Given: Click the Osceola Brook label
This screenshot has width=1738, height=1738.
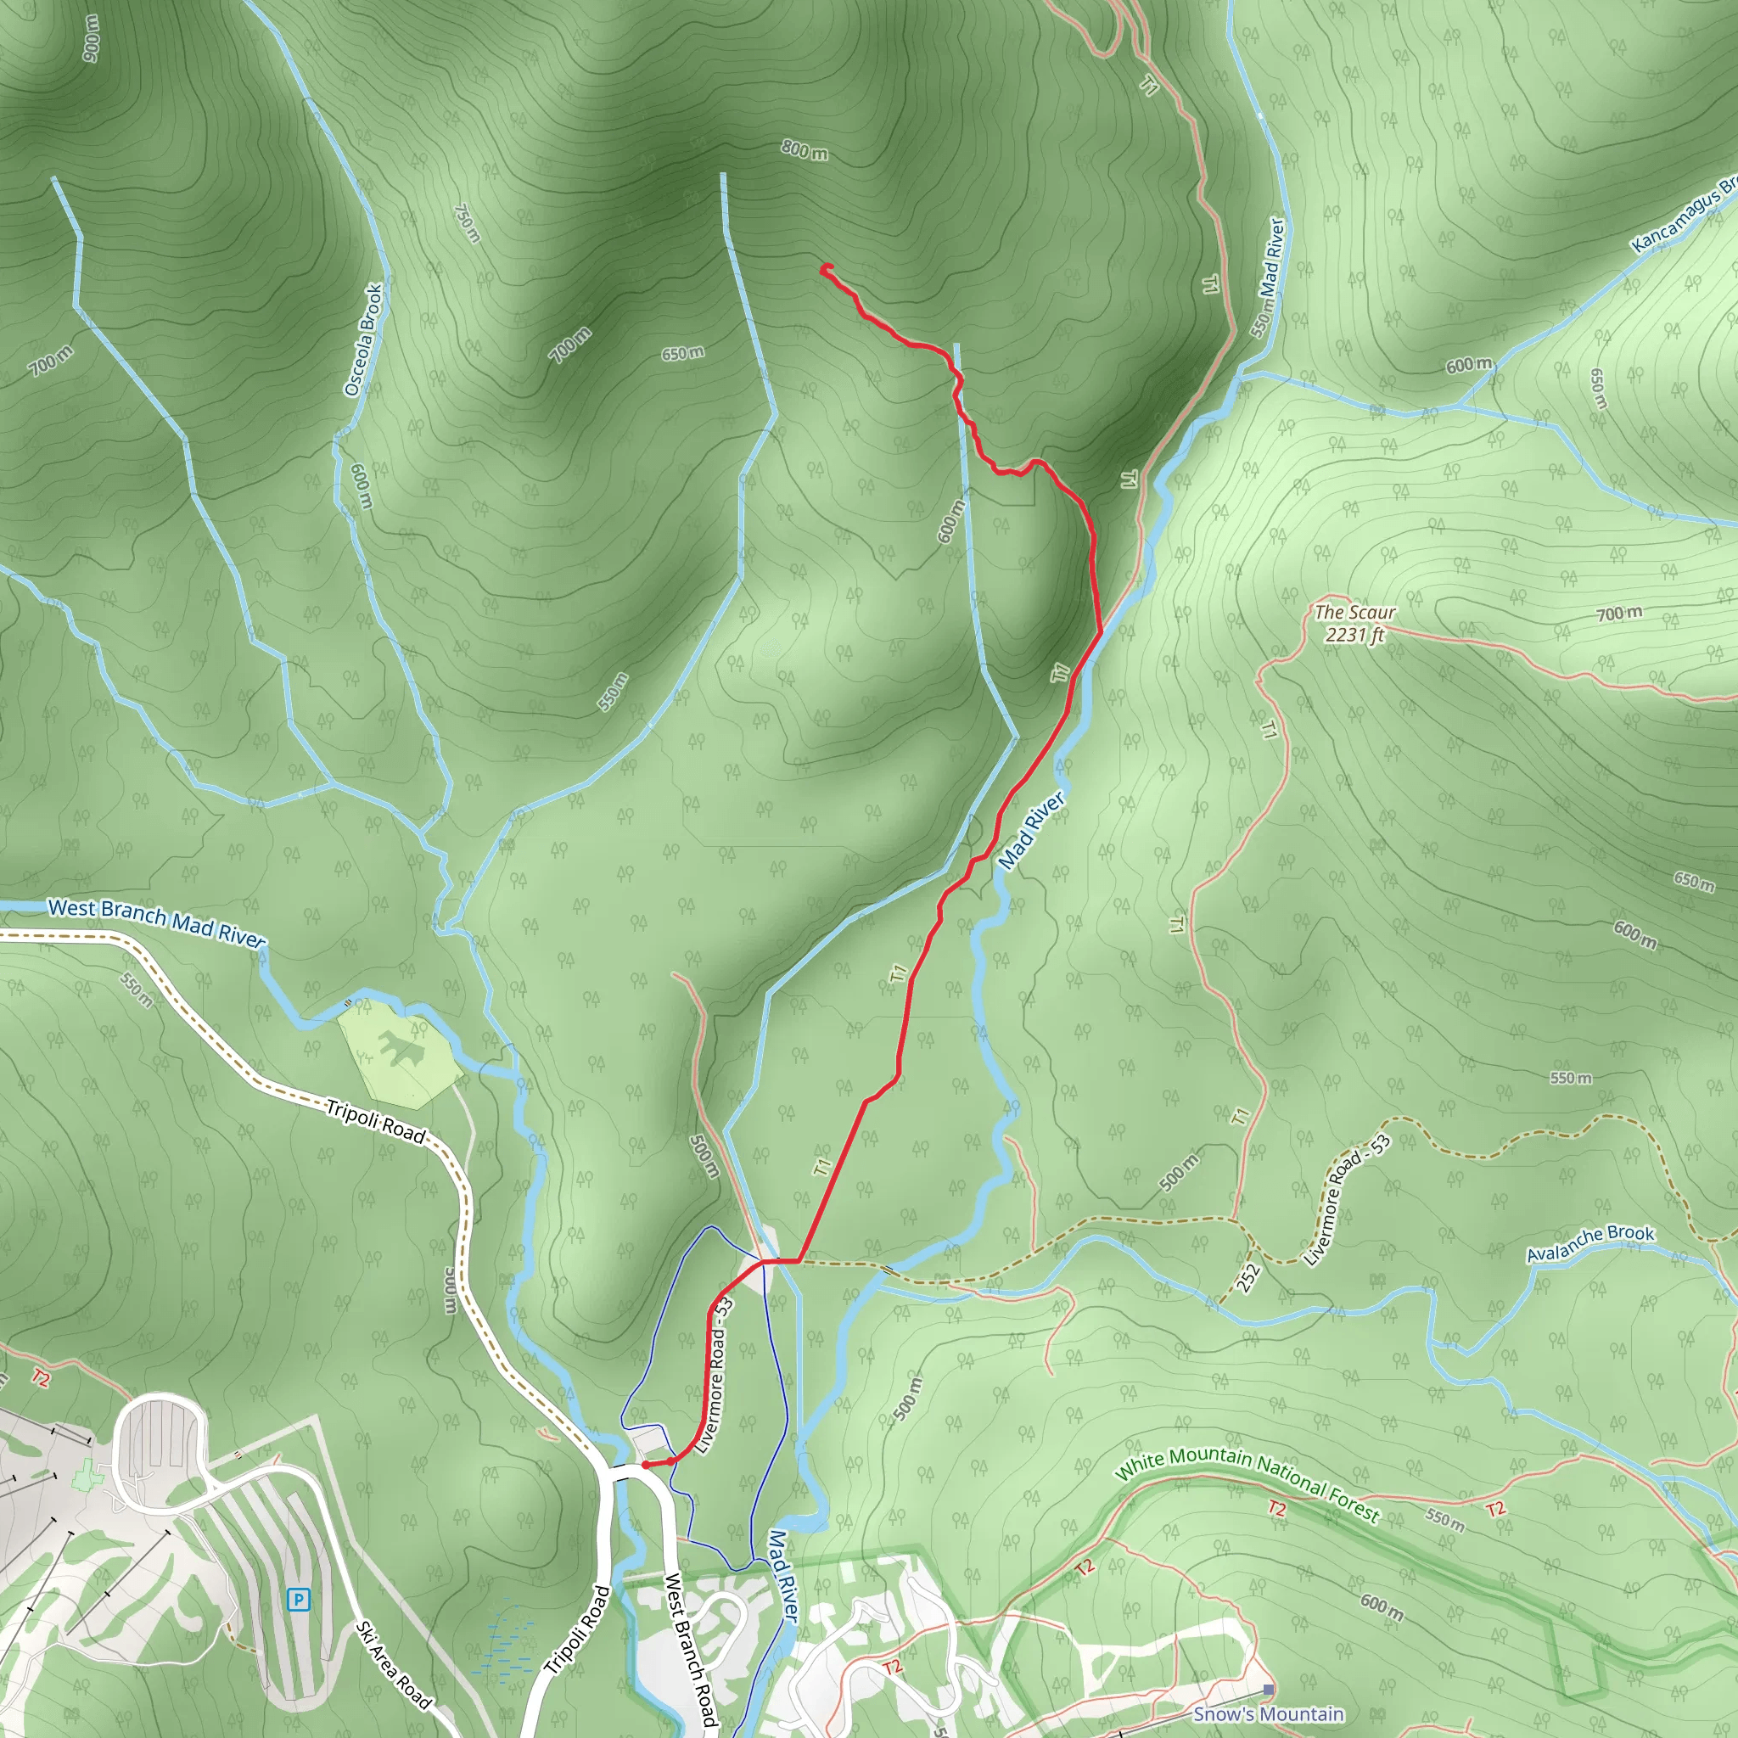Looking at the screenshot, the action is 363,340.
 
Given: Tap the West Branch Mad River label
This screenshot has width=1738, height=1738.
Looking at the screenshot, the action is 156,922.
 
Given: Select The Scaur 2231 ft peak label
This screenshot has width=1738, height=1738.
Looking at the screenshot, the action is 1354,623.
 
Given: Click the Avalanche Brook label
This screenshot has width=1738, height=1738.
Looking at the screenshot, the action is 1590,1243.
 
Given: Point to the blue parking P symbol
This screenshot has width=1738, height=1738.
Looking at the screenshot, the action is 298,1600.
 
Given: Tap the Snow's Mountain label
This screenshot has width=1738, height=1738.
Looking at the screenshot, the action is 1268,1713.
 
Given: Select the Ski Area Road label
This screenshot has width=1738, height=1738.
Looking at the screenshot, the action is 393,1664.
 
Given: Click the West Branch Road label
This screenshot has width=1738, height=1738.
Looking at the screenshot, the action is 690,1649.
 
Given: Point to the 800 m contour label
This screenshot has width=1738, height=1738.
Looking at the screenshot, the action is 805,149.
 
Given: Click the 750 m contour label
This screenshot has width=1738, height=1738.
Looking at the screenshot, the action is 467,223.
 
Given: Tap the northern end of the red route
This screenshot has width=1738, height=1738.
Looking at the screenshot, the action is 825,267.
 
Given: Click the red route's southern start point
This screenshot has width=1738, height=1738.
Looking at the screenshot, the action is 646,1466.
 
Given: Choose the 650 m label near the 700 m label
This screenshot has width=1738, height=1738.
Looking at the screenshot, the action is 683,354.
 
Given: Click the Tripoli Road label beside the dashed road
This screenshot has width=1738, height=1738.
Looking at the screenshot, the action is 375,1121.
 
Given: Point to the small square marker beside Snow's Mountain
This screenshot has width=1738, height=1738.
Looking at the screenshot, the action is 1269,1690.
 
